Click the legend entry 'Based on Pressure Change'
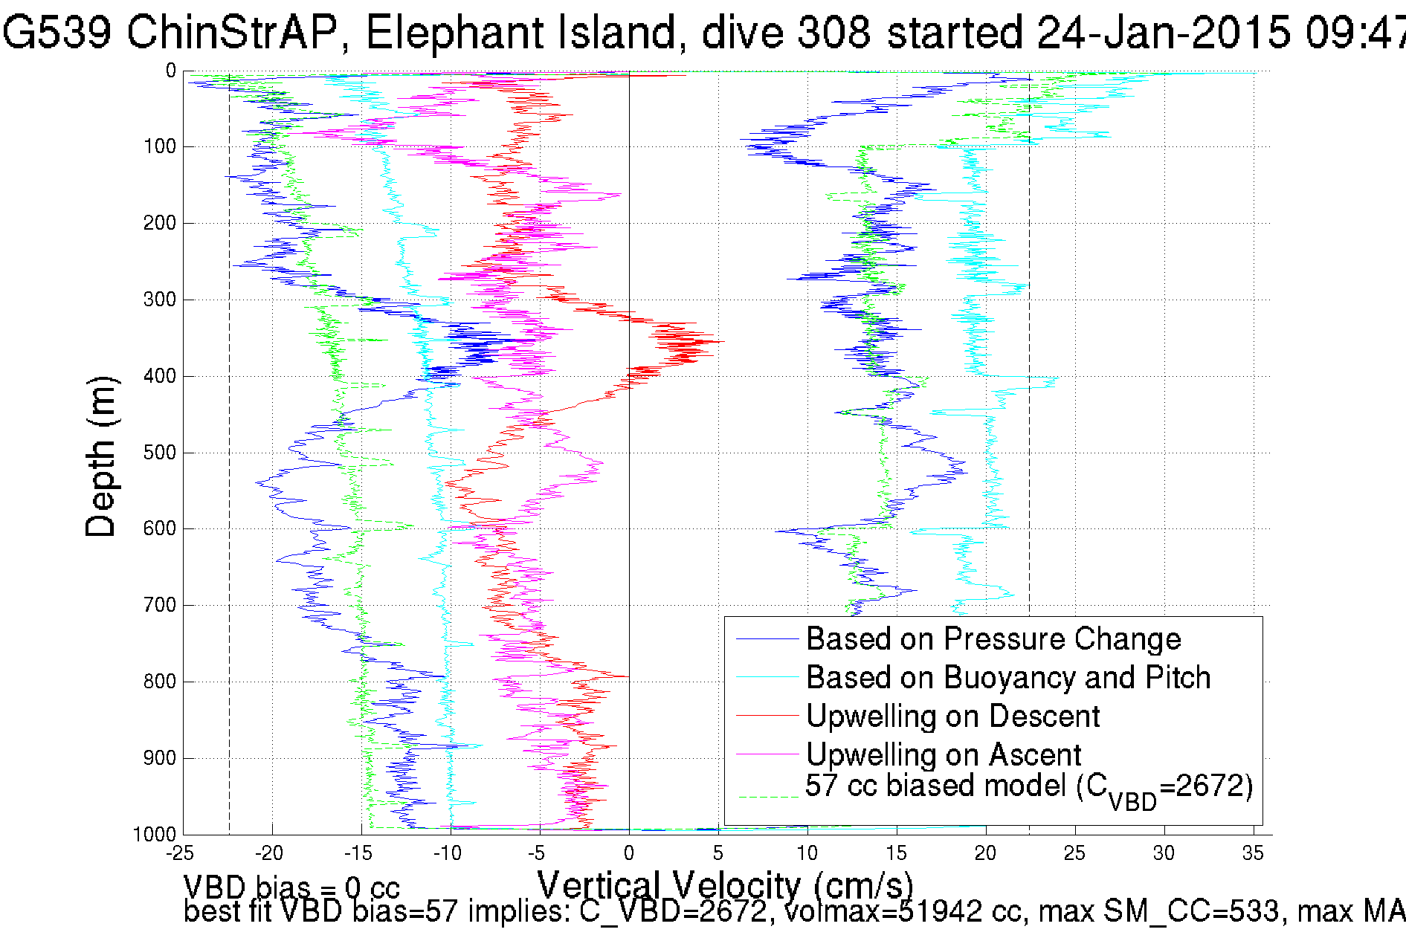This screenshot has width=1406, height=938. (x=993, y=639)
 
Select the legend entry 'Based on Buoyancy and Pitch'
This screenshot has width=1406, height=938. (x=1008, y=678)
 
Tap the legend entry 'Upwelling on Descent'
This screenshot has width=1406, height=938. (x=952, y=717)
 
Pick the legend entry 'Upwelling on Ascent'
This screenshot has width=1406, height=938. (x=944, y=755)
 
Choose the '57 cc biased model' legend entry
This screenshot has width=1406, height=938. (x=1029, y=788)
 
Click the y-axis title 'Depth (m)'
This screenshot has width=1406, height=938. (x=101, y=456)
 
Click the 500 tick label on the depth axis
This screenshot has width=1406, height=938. (x=159, y=453)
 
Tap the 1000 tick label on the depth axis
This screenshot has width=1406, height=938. (x=155, y=834)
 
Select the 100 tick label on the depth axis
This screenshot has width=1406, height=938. (x=159, y=146)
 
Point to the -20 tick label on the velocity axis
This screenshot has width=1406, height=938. (x=268, y=853)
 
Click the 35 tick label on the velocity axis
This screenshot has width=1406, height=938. (x=1253, y=853)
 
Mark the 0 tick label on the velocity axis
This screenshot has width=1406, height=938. (x=629, y=853)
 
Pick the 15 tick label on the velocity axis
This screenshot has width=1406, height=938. (x=896, y=853)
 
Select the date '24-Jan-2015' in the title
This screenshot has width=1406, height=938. (x=1163, y=33)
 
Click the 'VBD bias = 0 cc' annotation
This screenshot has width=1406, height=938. (x=291, y=887)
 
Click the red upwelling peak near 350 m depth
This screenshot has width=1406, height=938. (x=710, y=341)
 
